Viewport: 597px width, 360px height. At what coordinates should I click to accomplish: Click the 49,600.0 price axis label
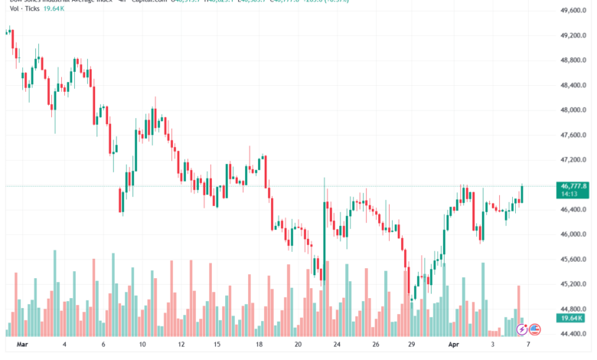coord(572,10)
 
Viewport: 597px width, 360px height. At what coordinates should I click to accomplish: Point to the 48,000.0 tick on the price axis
coord(572,110)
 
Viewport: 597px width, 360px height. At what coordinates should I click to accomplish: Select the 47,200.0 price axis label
coord(572,159)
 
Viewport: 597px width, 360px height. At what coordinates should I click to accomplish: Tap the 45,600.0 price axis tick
coord(572,259)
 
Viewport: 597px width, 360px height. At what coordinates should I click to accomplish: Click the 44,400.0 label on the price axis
coord(572,333)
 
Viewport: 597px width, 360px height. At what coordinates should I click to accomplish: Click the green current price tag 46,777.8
coord(573,186)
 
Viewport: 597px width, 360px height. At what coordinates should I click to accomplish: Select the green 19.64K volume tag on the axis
coord(572,317)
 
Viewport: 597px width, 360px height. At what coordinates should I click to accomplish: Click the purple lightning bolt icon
coord(522,329)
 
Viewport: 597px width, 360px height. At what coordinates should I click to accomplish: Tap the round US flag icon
coord(535,329)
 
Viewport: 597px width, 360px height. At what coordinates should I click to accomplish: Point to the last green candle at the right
coord(522,195)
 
